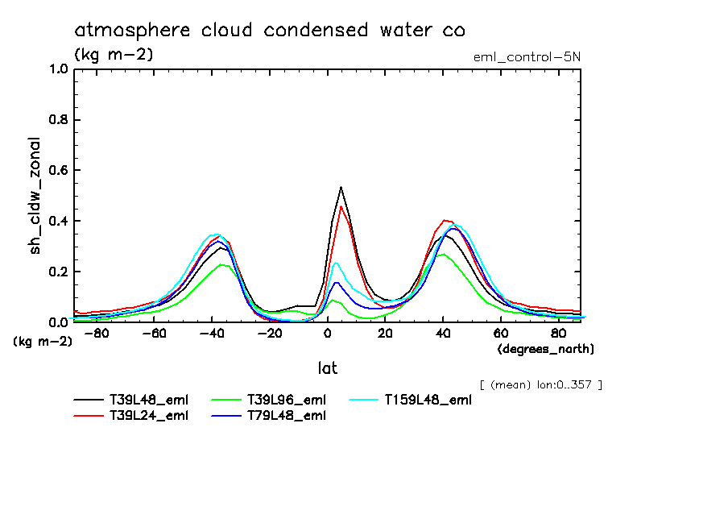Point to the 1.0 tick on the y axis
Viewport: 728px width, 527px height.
(x=58, y=69)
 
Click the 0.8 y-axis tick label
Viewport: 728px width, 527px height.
(x=58, y=120)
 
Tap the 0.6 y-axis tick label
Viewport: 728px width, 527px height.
(x=58, y=171)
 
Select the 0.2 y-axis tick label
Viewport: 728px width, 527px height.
(x=58, y=272)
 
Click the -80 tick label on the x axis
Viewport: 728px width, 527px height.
(x=96, y=333)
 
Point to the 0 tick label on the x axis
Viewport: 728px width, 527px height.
(x=327, y=333)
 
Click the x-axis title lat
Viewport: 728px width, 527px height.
(x=327, y=368)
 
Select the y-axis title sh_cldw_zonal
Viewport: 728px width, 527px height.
(x=35, y=196)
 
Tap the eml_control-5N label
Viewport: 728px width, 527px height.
(x=527, y=56)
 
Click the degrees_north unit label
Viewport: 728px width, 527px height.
(x=546, y=349)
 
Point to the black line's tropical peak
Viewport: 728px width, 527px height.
(x=341, y=187)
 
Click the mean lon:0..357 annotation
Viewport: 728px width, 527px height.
(x=540, y=384)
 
